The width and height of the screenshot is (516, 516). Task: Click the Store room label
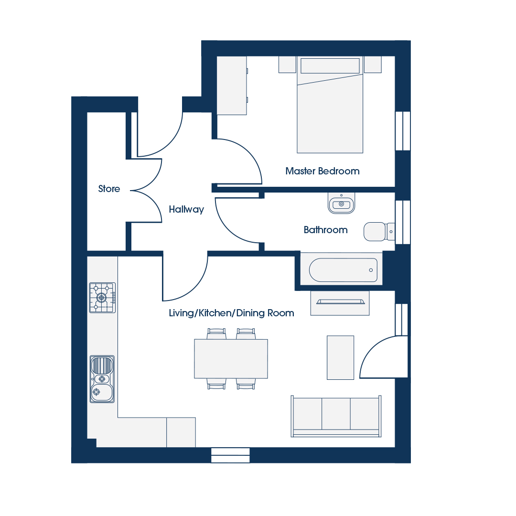(x=109, y=189)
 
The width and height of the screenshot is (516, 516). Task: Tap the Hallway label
(x=186, y=209)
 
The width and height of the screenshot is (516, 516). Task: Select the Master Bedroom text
(x=322, y=171)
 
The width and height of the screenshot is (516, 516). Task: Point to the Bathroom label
(x=325, y=230)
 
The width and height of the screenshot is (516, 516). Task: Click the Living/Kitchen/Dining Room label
(x=231, y=313)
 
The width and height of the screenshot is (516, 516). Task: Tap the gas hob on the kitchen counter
(x=102, y=298)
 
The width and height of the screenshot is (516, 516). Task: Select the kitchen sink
(x=102, y=379)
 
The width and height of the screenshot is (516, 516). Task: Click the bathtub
(x=343, y=270)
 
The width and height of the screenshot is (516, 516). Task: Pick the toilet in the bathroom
(x=379, y=232)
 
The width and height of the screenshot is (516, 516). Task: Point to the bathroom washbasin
(x=341, y=204)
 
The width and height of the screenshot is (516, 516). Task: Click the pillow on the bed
(x=330, y=66)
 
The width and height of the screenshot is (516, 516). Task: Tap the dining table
(x=231, y=359)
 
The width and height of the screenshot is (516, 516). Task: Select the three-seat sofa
(x=336, y=416)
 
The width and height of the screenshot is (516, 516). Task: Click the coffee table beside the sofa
(x=340, y=358)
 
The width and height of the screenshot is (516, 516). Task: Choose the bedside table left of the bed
(x=287, y=64)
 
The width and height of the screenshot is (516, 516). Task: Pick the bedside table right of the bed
(x=373, y=64)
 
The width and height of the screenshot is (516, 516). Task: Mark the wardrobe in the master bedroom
(x=232, y=86)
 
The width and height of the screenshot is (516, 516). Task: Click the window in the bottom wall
(x=230, y=455)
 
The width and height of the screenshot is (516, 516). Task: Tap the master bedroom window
(x=403, y=131)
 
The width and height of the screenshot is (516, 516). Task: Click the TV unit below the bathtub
(x=340, y=303)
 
